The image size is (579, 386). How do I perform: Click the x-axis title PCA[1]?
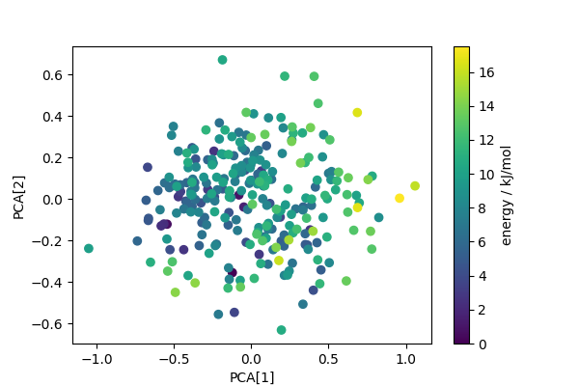point(251,376)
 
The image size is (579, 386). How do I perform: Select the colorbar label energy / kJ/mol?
point(507,195)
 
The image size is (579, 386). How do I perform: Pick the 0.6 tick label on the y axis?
point(52,75)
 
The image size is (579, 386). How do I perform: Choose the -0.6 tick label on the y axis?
point(48,323)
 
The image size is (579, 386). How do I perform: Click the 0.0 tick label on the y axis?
point(52,200)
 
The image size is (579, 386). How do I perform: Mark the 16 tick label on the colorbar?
point(487,71)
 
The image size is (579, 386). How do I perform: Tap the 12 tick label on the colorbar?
point(487,140)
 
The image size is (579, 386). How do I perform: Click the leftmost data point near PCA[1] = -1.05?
point(89,248)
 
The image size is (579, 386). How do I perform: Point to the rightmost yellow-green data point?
point(415,185)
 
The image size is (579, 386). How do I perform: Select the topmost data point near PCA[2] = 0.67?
point(223,60)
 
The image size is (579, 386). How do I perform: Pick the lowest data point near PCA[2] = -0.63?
point(282,330)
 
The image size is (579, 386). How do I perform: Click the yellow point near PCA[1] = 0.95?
point(400,198)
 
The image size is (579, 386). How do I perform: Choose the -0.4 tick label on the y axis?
point(48,282)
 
